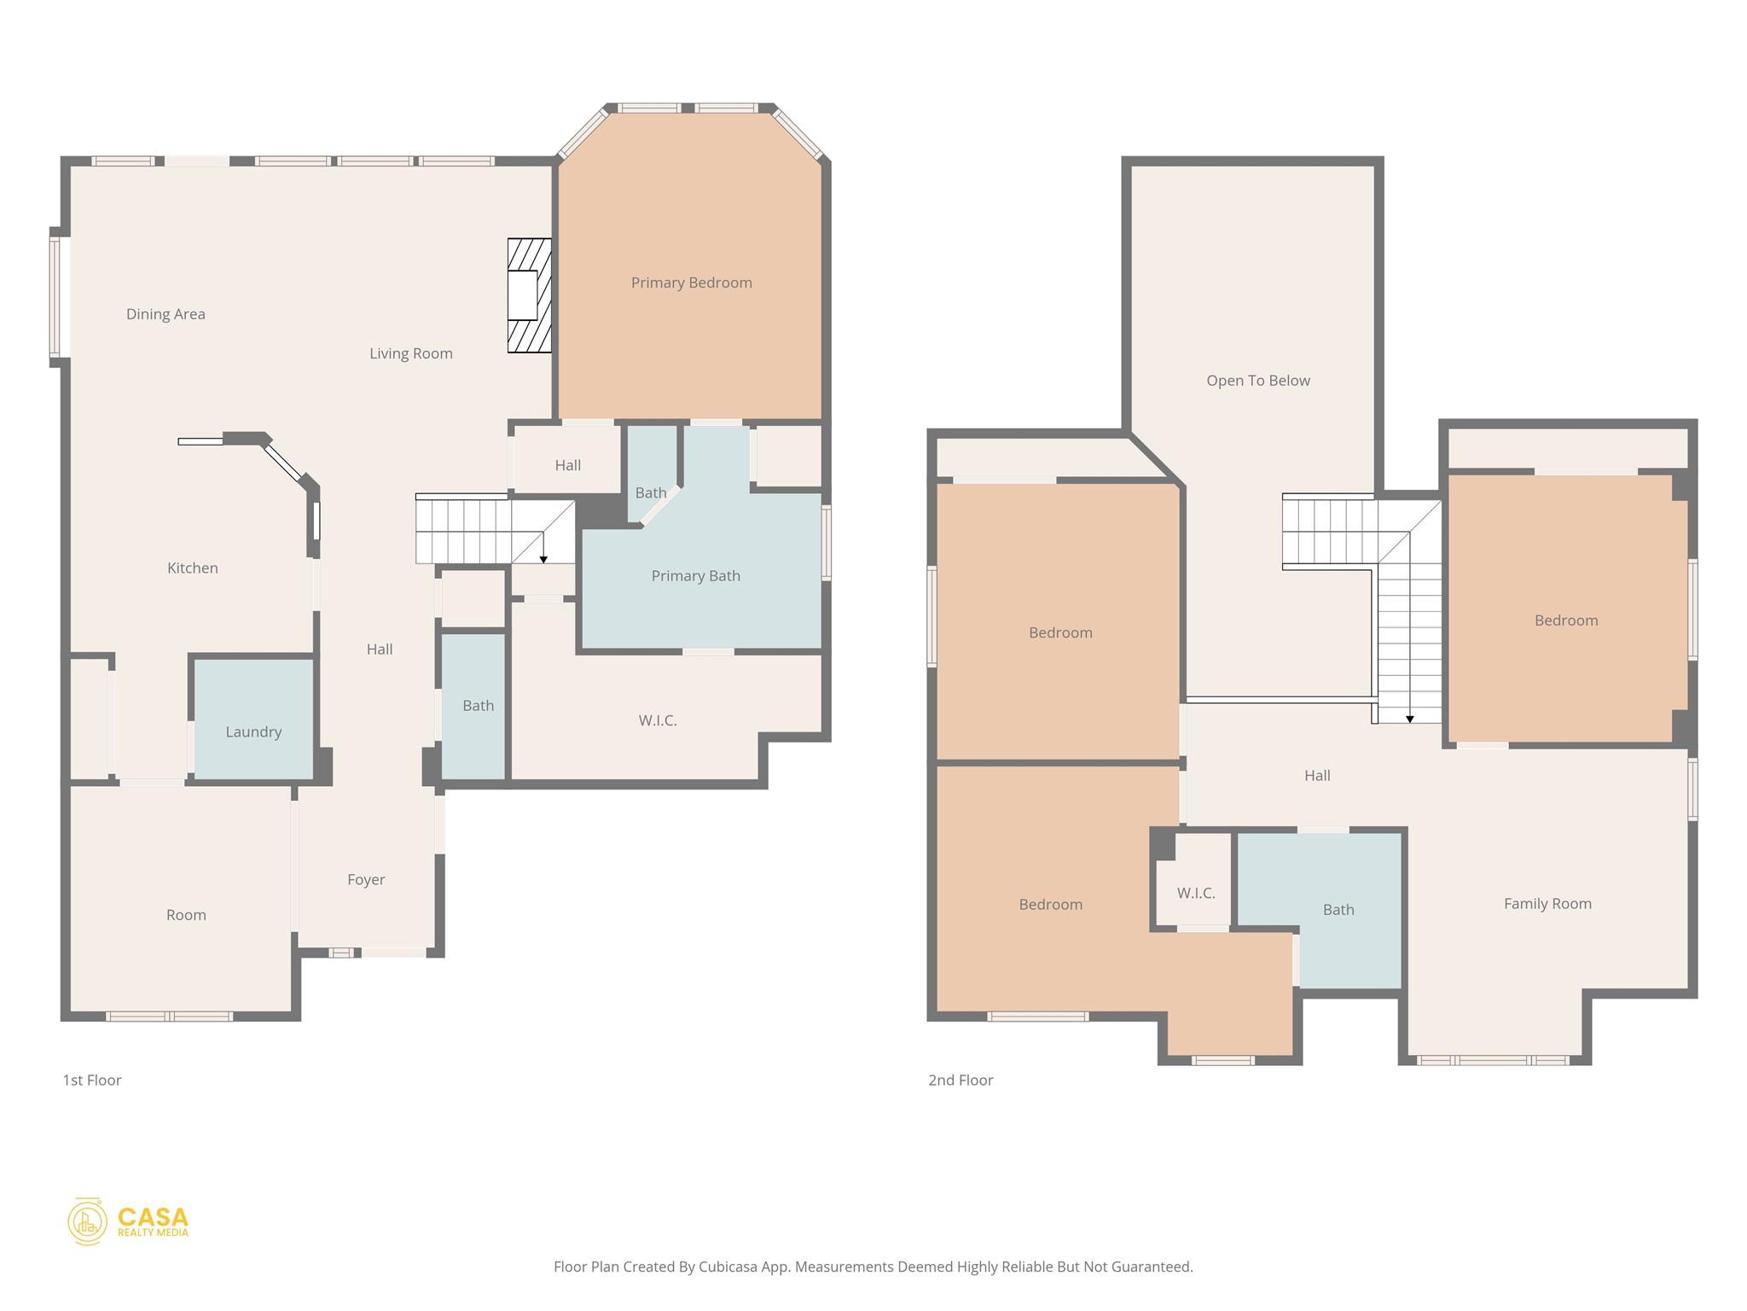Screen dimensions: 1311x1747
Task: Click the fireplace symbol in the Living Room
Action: point(529,295)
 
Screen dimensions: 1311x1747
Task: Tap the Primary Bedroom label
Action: point(691,283)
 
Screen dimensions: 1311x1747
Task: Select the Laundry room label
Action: point(253,731)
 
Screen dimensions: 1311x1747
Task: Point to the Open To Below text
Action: point(1257,381)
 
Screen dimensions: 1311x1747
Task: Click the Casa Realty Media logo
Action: point(128,1221)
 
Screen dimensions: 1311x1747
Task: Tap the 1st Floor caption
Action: point(92,1080)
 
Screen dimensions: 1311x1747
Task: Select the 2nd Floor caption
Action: point(961,1080)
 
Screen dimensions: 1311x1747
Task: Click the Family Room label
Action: point(1547,904)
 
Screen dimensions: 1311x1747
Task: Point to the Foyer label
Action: point(366,879)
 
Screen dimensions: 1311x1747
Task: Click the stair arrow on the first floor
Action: point(543,558)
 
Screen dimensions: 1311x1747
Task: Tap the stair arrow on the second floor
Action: point(1409,719)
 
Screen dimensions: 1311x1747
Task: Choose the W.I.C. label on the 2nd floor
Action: point(1195,893)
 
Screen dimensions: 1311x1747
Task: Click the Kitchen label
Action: point(193,568)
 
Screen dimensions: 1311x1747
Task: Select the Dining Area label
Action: point(165,314)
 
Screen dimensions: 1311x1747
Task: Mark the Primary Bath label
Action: point(695,576)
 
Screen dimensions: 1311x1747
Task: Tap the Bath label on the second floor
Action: point(1338,910)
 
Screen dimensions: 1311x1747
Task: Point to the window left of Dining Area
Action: point(55,296)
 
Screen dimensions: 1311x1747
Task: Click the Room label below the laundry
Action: point(186,915)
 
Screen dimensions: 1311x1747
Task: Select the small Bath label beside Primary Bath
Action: point(650,492)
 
